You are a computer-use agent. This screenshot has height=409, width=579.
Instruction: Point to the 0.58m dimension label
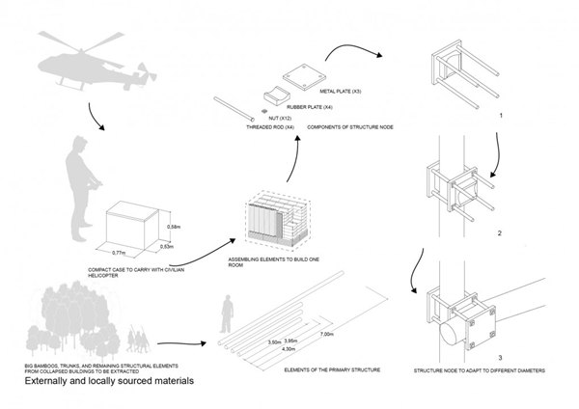(175, 228)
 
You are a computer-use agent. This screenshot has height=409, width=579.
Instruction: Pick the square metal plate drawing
(301, 74)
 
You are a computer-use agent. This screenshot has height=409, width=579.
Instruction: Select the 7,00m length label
(327, 333)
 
